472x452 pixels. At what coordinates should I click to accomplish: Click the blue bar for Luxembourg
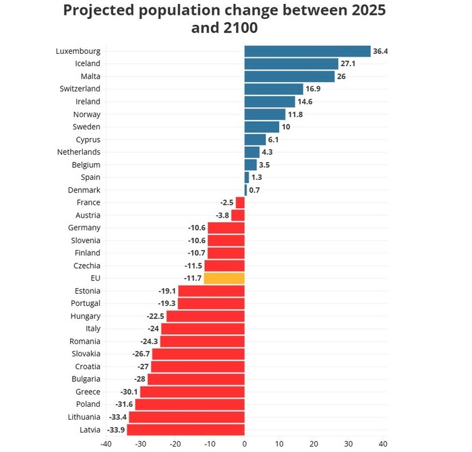307,51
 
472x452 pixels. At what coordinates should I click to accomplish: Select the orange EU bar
224,278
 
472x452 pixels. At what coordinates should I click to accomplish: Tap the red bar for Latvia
185,430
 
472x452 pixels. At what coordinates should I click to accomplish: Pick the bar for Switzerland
273,89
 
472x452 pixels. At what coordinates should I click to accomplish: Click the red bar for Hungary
205,316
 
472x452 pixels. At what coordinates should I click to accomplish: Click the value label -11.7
192,278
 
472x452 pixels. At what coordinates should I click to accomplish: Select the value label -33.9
115,430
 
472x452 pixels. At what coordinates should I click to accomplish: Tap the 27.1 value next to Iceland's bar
349,64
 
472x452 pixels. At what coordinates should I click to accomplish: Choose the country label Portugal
85,303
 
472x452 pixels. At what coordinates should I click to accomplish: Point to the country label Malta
90,76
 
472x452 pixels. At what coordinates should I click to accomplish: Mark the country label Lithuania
83,417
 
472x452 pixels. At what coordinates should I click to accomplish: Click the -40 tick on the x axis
106,445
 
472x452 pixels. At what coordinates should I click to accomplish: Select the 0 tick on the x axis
244,445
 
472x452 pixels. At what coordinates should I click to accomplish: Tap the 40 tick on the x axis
383,445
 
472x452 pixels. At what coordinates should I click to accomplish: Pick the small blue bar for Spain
246,177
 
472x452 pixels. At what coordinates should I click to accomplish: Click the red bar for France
239,203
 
